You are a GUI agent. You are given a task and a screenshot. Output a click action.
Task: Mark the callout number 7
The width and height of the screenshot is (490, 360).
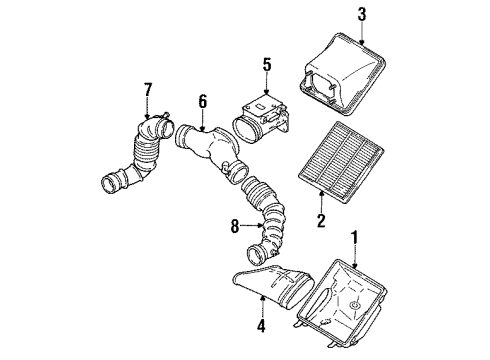(147, 90)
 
